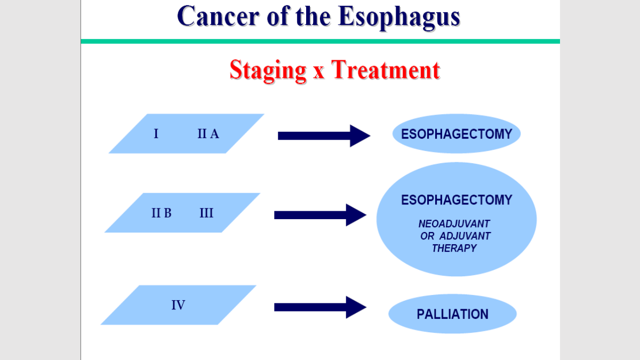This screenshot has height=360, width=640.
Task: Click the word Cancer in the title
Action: (x=218, y=16)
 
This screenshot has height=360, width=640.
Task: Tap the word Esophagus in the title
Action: (x=399, y=18)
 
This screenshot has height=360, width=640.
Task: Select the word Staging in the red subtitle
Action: (x=268, y=71)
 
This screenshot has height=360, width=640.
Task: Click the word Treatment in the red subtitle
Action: (x=386, y=70)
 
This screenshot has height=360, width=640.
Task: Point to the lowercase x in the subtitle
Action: (x=318, y=73)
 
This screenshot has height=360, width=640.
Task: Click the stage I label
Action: (x=156, y=134)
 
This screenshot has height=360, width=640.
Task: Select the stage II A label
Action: (x=209, y=134)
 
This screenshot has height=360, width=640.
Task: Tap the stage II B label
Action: (x=162, y=213)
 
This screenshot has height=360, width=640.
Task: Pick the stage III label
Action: (x=206, y=213)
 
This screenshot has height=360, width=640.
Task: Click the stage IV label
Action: (x=178, y=305)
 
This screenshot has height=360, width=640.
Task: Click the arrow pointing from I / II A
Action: (x=324, y=135)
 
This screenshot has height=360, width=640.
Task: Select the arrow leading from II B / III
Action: (x=321, y=215)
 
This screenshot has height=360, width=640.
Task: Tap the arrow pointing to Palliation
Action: (x=321, y=307)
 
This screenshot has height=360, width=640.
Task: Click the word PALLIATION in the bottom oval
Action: (x=453, y=314)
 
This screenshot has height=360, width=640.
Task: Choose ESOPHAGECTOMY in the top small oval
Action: (x=457, y=134)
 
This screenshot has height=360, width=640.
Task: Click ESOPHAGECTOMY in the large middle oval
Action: (x=457, y=199)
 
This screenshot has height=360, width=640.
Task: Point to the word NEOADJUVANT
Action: (x=454, y=223)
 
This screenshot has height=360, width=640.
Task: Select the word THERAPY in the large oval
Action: (x=454, y=249)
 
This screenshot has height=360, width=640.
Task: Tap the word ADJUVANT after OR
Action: (x=465, y=236)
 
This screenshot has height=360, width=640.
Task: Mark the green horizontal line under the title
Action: (x=321, y=42)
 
